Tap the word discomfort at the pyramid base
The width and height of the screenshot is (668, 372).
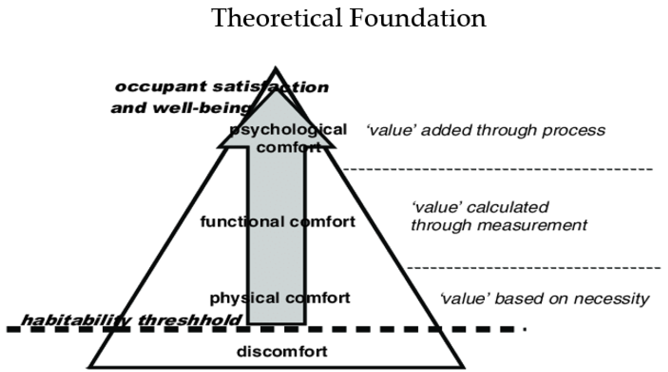pyautogui.click(x=282, y=351)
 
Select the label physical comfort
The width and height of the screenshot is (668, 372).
pyautogui.click(x=280, y=298)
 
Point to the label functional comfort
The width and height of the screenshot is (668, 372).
pyautogui.click(x=278, y=222)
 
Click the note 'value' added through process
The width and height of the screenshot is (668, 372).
pyautogui.click(x=486, y=130)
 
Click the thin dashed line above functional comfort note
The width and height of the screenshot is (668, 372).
pyautogui.click(x=498, y=169)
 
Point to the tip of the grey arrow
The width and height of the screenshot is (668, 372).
pyautogui.click(x=275, y=91)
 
